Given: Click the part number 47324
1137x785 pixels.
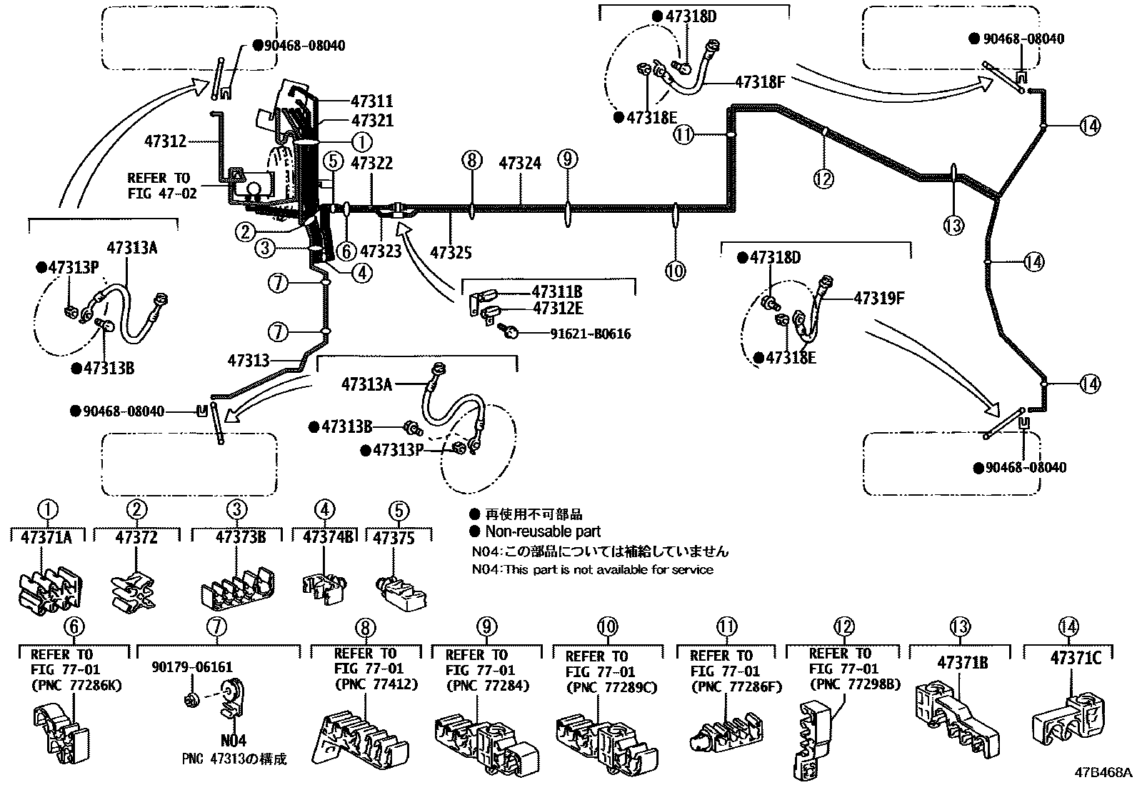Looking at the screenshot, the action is click(x=520, y=163).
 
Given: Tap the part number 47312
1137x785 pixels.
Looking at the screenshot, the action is click(x=166, y=141).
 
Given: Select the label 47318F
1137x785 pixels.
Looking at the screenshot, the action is click(x=760, y=81).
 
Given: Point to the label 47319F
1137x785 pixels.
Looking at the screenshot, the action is click(x=878, y=298).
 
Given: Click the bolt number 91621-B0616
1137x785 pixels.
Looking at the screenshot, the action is click(x=591, y=334).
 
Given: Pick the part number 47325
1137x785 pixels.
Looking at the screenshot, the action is click(x=451, y=252).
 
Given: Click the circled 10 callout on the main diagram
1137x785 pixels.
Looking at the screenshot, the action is click(x=675, y=271).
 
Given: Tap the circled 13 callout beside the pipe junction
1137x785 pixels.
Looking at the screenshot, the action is click(x=953, y=225).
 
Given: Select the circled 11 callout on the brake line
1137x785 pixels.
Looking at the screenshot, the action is click(x=683, y=134).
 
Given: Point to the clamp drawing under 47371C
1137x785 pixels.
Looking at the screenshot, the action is click(x=1068, y=717).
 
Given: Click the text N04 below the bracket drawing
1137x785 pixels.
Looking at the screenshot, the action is click(x=234, y=740).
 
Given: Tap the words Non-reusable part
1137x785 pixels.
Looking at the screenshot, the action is click(x=543, y=531).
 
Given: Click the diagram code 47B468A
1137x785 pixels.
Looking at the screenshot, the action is click(x=1103, y=772).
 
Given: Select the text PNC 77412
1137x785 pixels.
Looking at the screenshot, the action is click(x=376, y=684).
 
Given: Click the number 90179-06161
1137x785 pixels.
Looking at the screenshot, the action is click(x=192, y=666).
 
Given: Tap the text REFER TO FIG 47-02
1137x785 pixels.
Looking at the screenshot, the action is click(x=162, y=186).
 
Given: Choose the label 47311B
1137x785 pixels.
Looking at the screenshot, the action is click(x=557, y=291).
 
